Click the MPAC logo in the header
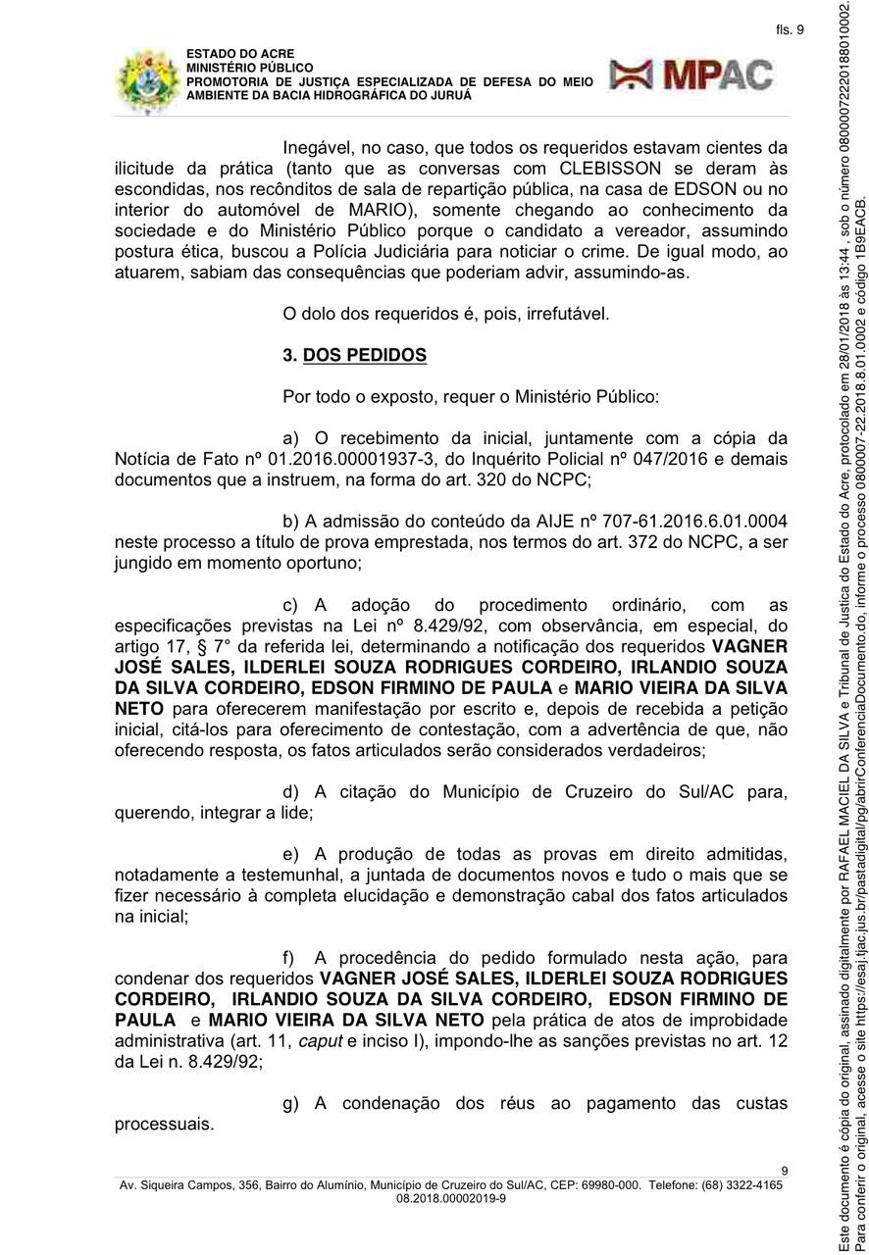[690, 75]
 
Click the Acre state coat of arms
[148, 80]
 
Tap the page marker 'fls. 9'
[789, 30]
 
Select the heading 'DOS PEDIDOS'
[364, 355]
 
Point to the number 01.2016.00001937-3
[267, 460]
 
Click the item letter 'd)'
[291, 791]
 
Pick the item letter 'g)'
[291, 1104]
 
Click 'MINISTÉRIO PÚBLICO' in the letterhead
[244, 68]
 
